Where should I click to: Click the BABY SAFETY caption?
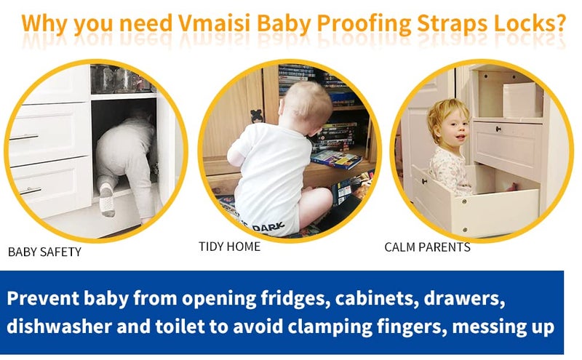click(x=44, y=252)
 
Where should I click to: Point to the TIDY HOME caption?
click(x=229, y=247)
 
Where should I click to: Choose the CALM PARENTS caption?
click(x=427, y=247)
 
